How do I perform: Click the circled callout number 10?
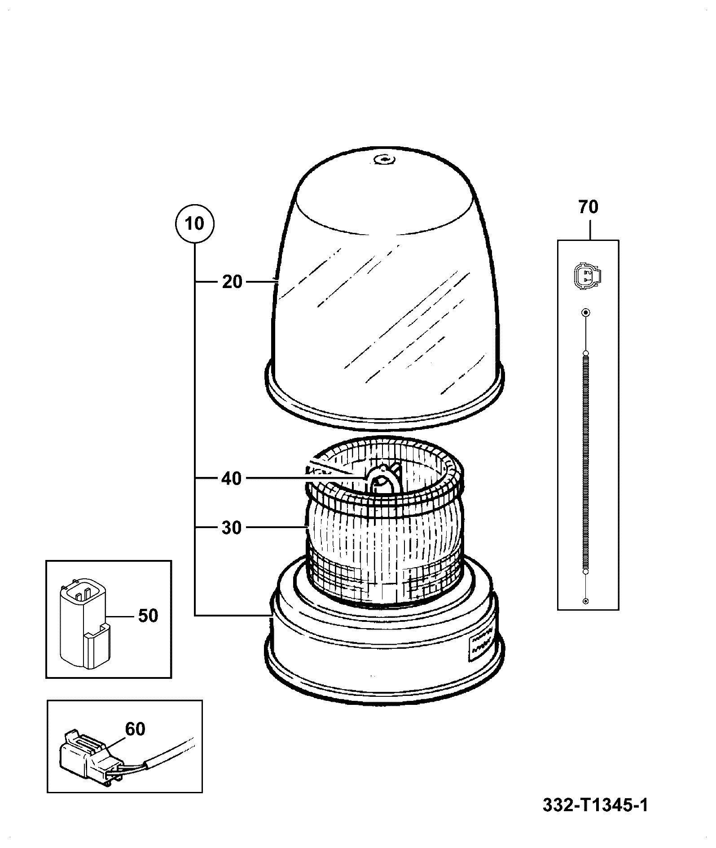click(195, 223)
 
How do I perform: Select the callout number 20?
click(232, 282)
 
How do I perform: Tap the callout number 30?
click(232, 528)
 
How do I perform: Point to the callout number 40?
click(232, 479)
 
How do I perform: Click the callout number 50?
click(148, 616)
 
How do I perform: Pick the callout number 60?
click(135, 729)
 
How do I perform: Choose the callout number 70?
click(589, 207)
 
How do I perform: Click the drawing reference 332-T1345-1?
click(595, 805)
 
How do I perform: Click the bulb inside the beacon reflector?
click(382, 480)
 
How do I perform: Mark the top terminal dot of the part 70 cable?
click(585, 312)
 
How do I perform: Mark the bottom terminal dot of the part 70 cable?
click(585, 601)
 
